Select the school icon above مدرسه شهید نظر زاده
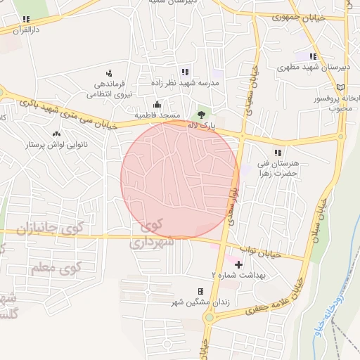coord(184,72)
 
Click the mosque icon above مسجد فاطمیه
coord(156,105)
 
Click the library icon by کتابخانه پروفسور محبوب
coord(340,87)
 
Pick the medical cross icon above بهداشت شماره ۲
coord(238,265)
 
